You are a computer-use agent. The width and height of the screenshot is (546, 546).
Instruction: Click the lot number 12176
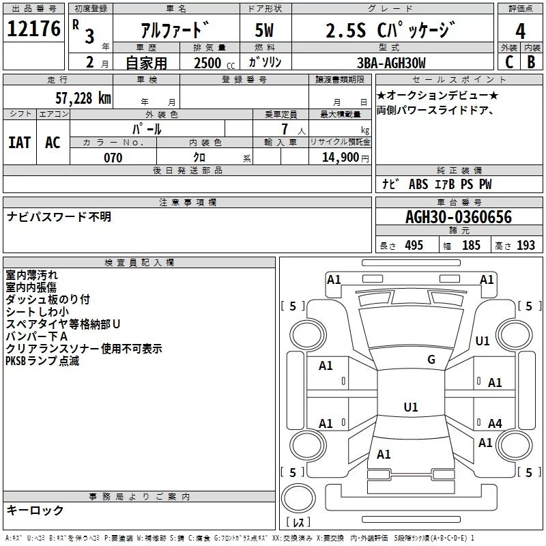[33, 29]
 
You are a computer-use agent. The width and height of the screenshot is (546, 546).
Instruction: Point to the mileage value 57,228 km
[83, 98]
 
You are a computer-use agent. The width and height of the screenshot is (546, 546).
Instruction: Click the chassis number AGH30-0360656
[458, 217]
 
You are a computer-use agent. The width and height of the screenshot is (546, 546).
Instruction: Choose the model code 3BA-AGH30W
[391, 63]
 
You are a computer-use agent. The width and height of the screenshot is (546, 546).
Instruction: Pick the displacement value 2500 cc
[208, 63]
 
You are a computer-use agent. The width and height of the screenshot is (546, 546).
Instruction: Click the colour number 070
[113, 158]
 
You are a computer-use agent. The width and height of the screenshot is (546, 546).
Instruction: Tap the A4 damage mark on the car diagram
[495, 424]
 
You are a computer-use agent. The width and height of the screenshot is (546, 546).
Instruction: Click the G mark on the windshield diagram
[431, 360]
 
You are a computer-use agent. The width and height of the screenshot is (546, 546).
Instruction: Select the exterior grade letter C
[509, 63]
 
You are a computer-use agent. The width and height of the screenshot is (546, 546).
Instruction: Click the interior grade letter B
[532, 63]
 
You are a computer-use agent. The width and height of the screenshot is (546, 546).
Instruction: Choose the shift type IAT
[20, 142]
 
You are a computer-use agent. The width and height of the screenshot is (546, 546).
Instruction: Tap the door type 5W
[264, 31]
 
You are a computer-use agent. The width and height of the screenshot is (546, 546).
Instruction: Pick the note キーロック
[35, 510]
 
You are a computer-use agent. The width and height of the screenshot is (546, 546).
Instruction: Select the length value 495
[413, 246]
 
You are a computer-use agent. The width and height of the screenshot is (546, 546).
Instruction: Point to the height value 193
[526, 246]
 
